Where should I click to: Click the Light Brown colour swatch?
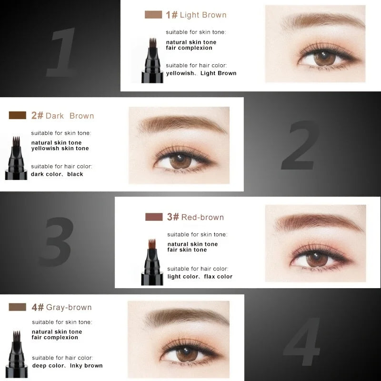(153, 15)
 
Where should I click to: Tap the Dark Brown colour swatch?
(18, 115)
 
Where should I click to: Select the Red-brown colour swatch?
(154, 217)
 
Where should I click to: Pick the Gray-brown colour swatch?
(18, 307)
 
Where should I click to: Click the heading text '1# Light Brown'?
(196, 15)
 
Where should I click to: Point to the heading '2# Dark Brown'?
(62, 116)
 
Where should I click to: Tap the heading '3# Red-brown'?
(195, 217)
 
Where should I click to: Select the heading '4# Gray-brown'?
(61, 307)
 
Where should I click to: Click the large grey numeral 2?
(301, 145)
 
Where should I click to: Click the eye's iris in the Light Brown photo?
(324, 58)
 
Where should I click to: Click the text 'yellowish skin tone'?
(60, 149)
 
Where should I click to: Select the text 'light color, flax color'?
(200, 277)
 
